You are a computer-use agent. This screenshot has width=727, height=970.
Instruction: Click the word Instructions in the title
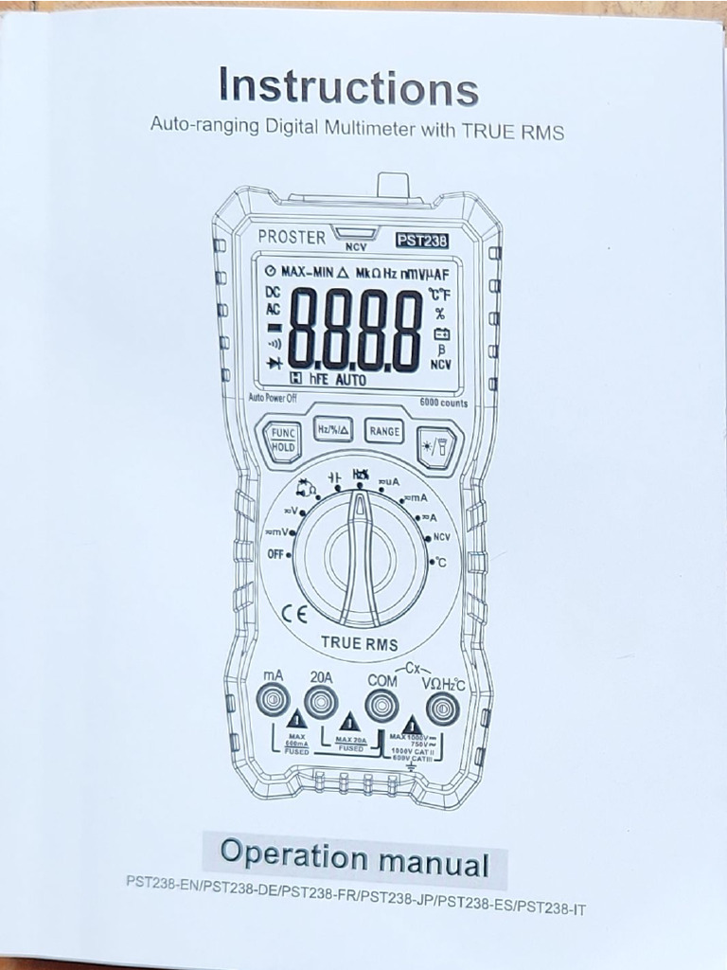348,86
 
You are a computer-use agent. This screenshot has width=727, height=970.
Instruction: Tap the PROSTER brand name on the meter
291,237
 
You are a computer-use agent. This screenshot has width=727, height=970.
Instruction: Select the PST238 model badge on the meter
421,240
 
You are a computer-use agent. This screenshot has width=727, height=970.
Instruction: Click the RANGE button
383,431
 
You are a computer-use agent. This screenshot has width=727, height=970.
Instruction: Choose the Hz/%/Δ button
333,429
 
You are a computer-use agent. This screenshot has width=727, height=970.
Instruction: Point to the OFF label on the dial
275,554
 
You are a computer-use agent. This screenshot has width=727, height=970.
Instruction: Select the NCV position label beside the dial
441,536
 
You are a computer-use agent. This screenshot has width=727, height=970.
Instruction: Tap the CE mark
295,612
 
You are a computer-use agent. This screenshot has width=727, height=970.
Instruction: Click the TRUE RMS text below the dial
359,642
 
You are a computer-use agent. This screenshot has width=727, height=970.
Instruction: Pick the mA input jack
273,702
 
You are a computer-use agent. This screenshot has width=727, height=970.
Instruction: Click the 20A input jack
321,702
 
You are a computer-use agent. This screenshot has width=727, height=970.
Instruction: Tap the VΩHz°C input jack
442,707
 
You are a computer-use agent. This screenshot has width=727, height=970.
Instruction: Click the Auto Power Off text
273,398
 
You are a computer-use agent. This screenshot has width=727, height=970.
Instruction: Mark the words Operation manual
354,857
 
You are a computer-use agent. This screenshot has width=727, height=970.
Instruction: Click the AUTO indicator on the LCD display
351,380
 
